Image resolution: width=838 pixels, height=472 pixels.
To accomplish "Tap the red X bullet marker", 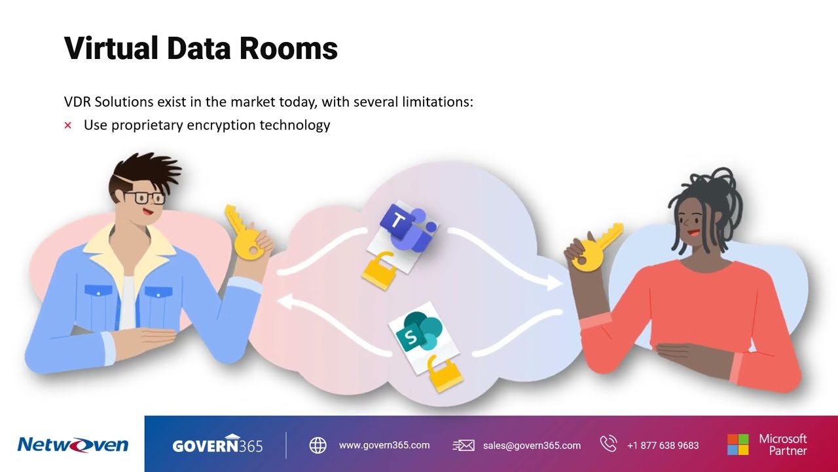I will coord(67,125).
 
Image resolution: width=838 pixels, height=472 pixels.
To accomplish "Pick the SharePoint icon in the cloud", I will coord(416,334).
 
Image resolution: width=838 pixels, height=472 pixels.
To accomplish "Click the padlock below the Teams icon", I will coord(379,269).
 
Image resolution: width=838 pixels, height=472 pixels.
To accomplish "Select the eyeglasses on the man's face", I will coord(145,197).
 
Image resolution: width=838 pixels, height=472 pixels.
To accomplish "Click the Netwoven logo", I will coord(73,445).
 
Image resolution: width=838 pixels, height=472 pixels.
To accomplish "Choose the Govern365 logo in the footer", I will coord(217,445).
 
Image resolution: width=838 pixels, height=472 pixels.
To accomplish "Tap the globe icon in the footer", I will coord(318,445).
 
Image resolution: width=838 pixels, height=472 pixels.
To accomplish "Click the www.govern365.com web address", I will coord(384,445).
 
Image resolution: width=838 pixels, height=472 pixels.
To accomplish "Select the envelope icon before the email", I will coord(464,445).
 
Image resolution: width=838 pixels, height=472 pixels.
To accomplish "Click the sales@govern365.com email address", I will coord(532,445).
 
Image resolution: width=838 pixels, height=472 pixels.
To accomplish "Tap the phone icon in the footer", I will coord(608,444).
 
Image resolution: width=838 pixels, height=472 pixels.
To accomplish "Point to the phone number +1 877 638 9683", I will coord(663,445).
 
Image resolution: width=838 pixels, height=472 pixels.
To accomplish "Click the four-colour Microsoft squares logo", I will coord(738,444).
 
